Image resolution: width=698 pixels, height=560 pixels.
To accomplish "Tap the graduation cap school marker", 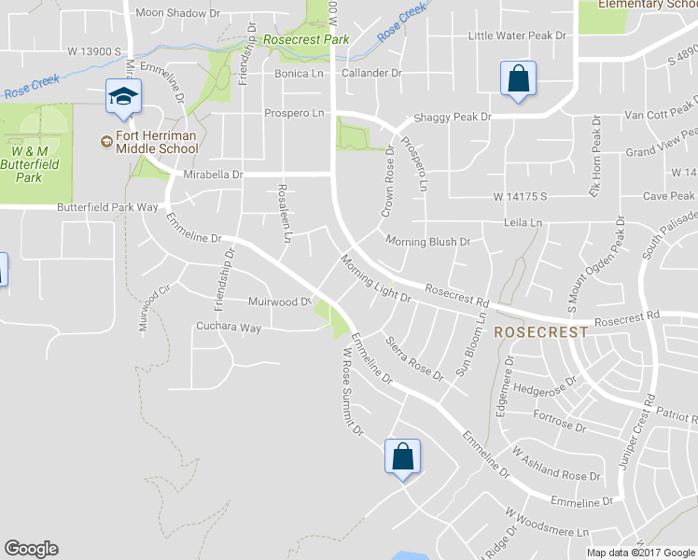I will click(123, 96).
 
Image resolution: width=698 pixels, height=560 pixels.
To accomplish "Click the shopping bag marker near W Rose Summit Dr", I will click(402, 457).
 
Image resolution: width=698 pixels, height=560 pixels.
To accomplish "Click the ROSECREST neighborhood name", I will click(541, 331).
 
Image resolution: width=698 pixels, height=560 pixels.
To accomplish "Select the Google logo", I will click(31, 549).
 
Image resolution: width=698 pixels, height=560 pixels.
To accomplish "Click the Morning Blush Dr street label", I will click(427, 242).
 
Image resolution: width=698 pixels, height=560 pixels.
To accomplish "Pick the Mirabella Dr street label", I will click(213, 175).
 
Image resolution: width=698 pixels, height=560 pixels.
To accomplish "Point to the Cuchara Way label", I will click(228, 328).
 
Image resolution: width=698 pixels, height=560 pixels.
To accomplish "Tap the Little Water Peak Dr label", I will click(517, 35).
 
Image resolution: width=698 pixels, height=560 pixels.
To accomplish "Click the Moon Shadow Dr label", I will click(177, 13).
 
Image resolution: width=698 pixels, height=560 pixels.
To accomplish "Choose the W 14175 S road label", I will click(520, 197).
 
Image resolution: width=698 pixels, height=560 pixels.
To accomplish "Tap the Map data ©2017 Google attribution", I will click(641, 552).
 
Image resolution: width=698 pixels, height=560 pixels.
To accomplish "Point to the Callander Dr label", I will click(371, 72).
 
